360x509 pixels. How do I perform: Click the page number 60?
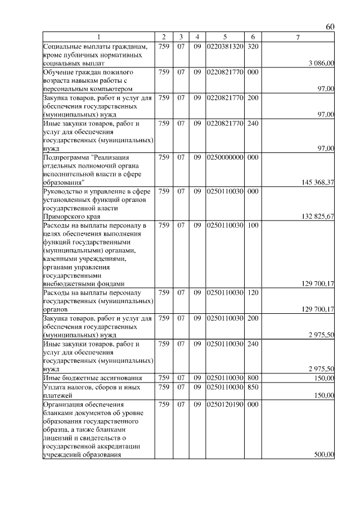point(330,27)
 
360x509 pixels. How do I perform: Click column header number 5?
point(224,37)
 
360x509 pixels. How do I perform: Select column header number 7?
point(298,37)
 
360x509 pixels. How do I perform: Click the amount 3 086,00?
point(322,64)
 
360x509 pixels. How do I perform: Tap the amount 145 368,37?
point(318,182)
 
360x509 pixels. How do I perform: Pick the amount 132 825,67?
point(318,216)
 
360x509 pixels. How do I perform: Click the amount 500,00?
point(324,454)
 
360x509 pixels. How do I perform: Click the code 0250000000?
point(224,157)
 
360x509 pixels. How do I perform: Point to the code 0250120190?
point(224,404)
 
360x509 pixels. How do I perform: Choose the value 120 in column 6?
point(253,292)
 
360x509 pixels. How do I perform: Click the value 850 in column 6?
point(253,387)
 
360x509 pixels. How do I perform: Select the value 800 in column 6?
point(253,378)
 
